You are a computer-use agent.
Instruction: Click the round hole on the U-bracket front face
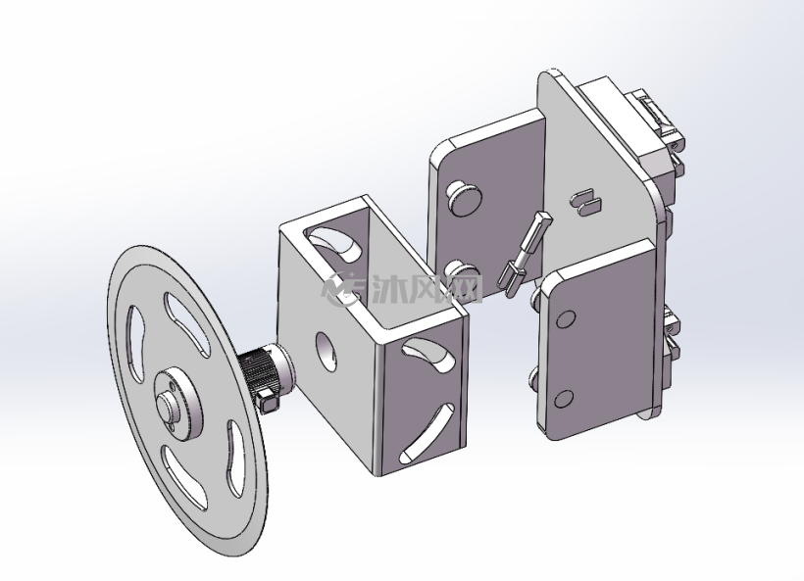coord(327,352)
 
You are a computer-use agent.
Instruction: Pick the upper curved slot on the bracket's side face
coord(428,354)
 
